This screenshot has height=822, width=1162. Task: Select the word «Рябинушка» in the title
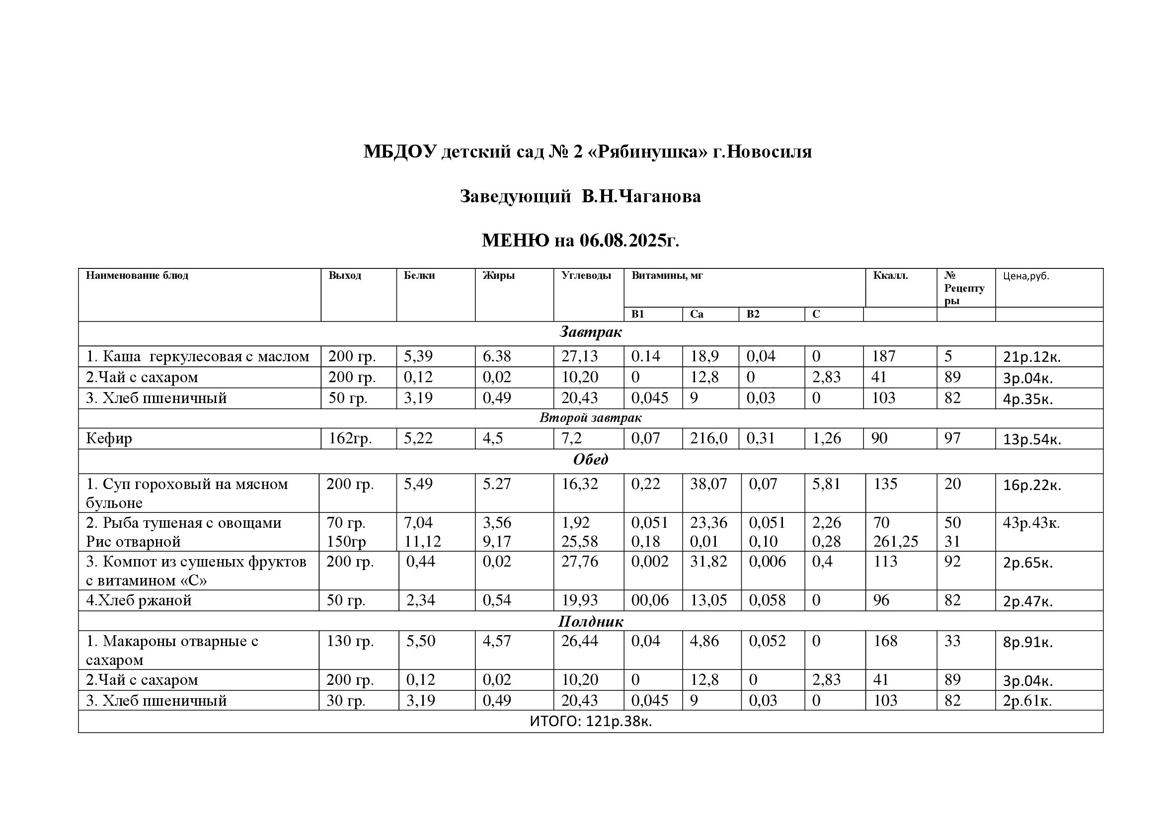point(647,152)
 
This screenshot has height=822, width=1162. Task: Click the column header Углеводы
point(586,276)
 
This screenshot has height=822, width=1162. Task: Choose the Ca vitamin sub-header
point(697,314)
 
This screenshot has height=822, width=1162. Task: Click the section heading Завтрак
point(590,332)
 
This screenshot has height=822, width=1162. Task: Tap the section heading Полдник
point(590,622)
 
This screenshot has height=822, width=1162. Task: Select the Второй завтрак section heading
point(590,418)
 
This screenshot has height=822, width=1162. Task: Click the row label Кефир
point(109,438)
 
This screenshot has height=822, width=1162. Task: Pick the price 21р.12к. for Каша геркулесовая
point(1031,357)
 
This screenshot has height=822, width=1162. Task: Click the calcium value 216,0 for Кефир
point(708,438)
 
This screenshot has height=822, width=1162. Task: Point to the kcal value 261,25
point(895,542)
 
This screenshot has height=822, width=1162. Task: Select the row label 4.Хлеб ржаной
point(139,601)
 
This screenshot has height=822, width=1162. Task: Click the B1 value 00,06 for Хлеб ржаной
point(649,601)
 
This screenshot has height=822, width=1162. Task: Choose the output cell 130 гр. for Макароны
point(350,641)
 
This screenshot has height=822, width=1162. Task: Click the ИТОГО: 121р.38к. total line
point(590,722)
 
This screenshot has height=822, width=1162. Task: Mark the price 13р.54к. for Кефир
point(1031,439)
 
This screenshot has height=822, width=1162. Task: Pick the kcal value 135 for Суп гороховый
point(885,485)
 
